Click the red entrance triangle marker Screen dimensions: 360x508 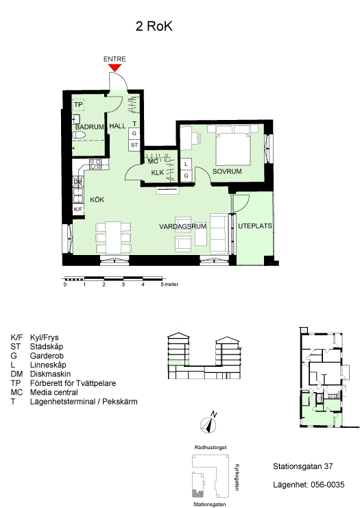(x=115, y=67)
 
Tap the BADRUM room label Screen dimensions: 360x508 (x=89, y=127)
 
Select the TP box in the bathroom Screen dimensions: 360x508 (x=78, y=105)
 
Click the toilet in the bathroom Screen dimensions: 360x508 (x=79, y=135)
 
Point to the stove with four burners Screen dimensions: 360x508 (x=95, y=165)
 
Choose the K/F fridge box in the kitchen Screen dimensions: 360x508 (x=78, y=209)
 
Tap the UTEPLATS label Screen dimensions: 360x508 (x=255, y=226)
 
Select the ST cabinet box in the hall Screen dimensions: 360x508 (x=134, y=145)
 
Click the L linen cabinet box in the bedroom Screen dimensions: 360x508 (x=186, y=165)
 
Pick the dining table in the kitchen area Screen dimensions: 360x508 (x=113, y=237)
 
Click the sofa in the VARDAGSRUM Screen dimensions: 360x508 (x=219, y=234)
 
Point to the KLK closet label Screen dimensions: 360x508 (x=158, y=173)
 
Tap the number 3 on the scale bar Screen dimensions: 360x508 (x=123, y=285)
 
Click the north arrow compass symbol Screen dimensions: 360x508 (x=208, y=424)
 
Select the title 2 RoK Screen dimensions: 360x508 (x=154, y=26)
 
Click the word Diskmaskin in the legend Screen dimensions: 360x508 (x=50, y=374)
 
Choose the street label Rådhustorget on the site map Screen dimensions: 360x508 (x=211, y=448)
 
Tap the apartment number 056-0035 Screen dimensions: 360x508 (x=328, y=485)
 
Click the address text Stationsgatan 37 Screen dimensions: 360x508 (x=302, y=467)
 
